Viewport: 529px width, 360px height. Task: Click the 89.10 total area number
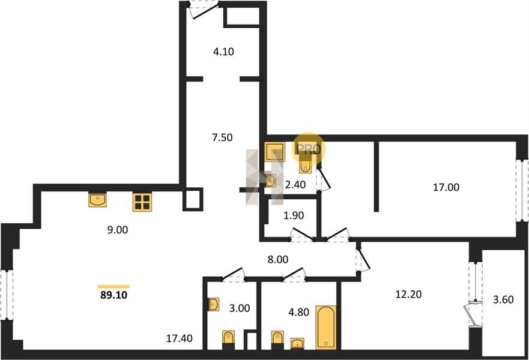114,295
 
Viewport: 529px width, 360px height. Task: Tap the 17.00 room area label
446,187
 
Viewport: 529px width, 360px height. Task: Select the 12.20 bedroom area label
408,294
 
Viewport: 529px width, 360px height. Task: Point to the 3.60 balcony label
503,299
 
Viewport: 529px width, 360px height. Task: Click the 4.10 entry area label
224,52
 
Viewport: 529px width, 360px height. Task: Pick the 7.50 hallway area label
222,137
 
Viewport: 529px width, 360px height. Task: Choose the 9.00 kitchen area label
118,230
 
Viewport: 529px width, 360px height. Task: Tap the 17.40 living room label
180,338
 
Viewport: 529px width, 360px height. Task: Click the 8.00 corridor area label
277,260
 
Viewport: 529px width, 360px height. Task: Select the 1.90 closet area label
294,215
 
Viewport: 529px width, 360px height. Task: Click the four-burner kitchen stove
142,202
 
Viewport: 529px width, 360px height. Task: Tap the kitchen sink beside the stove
97,200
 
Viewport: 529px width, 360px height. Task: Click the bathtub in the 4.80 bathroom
326,328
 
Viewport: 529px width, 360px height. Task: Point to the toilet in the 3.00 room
228,338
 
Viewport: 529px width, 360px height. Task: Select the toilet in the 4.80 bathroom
277,338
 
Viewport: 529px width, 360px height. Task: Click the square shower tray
274,152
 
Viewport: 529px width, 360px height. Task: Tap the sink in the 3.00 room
214,304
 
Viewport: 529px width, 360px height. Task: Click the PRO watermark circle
309,149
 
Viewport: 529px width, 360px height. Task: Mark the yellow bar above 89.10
113,287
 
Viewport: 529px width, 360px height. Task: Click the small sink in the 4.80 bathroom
297,343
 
